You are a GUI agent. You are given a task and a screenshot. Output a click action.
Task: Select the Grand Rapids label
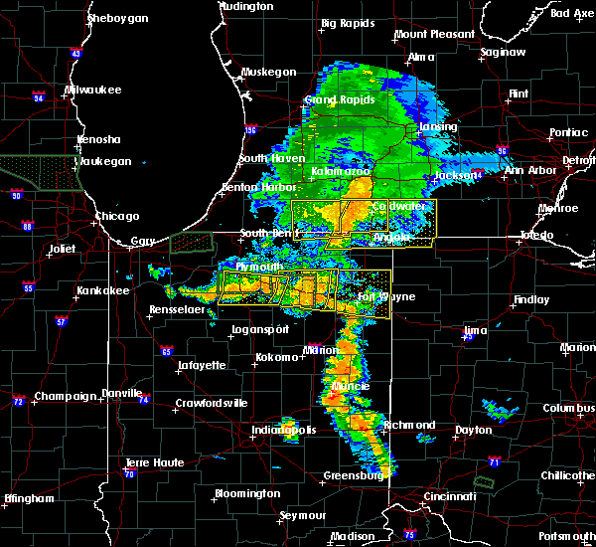pos(335,100)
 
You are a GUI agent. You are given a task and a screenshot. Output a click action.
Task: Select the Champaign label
pos(66,396)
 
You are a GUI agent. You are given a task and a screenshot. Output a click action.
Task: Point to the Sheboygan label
pos(117,18)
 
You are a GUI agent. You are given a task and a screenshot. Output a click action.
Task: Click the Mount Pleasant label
pos(434,34)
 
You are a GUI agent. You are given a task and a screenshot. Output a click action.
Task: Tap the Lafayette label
pos(202,366)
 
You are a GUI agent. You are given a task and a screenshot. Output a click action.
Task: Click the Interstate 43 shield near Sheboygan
pos(76,53)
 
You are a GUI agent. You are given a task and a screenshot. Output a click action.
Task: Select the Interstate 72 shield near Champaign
pos(19,401)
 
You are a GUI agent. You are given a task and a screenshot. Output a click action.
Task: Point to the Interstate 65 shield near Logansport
pos(168,351)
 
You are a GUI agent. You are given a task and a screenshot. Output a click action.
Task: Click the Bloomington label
pos(247,493)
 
